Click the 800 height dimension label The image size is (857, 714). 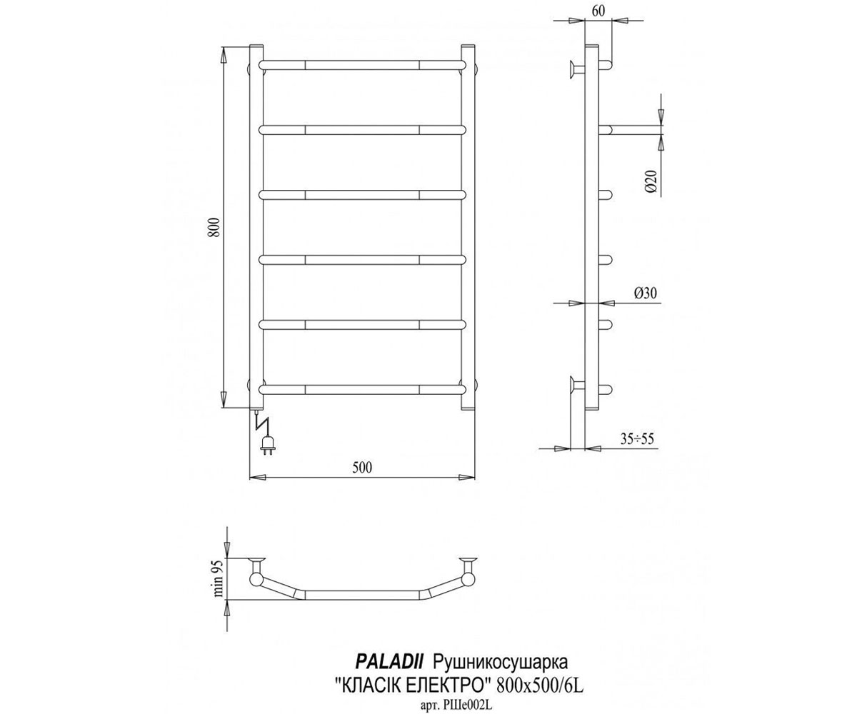[214, 227]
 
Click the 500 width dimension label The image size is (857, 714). [362, 468]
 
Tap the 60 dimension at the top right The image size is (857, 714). [598, 11]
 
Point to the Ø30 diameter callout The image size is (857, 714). [645, 293]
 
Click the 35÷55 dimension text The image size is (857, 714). [636, 439]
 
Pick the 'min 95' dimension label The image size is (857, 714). [219, 578]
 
